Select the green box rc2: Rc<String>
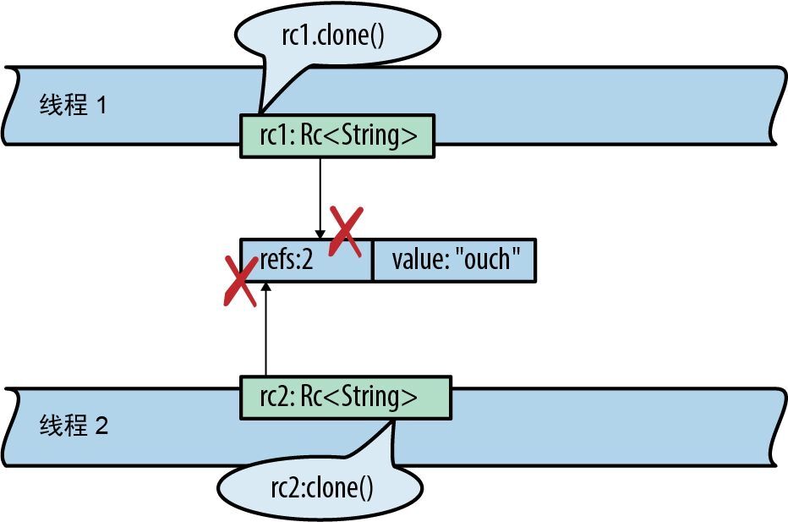pos(346,397)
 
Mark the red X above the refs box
pos(347,231)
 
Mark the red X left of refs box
pos(239,282)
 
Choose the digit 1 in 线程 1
pos(102,107)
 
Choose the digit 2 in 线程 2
pos(102,426)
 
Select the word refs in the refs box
pos(276,260)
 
